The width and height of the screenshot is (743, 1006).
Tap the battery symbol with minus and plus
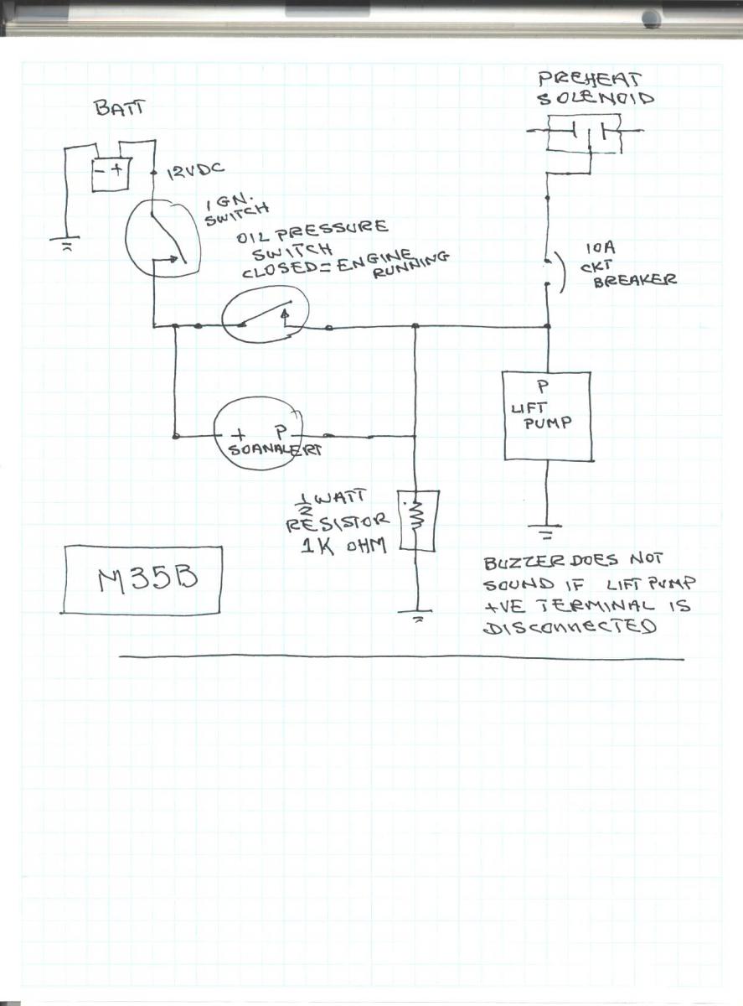tap(111, 170)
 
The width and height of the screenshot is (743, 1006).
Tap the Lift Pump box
tap(548, 415)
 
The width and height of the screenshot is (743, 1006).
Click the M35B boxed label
tap(142, 578)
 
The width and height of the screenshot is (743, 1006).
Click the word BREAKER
tap(635, 283)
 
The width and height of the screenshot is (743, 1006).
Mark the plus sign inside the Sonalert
tap(240, 434)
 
